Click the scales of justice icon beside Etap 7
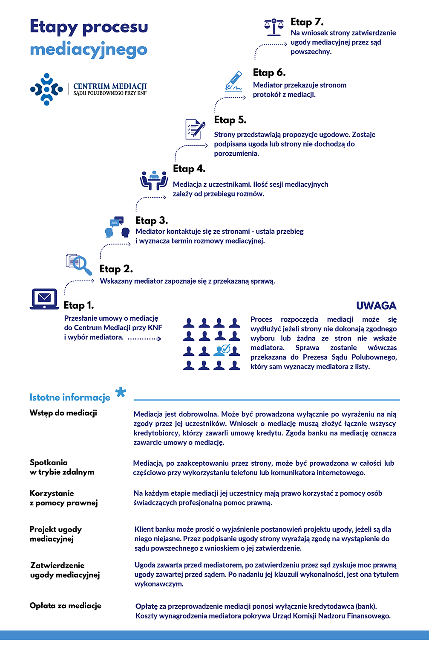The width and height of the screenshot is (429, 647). tap(274, 27)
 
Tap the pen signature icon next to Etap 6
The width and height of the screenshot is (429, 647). tap(233, 81)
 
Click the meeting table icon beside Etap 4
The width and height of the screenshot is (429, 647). tap(154, 180)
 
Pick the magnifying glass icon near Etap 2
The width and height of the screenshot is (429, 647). tap(79, 264)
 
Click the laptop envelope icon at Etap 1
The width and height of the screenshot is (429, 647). tap(44, 299)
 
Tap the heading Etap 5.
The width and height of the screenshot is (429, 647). tap(230, 120)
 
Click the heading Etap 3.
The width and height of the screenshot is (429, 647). tap(152, 221)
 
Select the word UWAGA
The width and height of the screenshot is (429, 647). tap(376, 305)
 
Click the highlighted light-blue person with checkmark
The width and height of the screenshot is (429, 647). tap(222, 350)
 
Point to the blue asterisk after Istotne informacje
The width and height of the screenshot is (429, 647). tap(121, 392)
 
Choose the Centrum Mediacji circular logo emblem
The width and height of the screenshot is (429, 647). tap(46, 89)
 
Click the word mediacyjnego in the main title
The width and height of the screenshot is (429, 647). tap(89, 50)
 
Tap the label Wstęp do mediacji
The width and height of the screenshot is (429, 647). tap(63, 412)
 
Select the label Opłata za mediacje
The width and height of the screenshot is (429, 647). tap(66, 606)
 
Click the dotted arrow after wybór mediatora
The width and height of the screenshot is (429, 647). tap(144, 339)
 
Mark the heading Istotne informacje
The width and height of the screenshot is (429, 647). tap(70, 397)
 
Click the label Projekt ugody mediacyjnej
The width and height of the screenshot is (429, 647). tap(55, 534)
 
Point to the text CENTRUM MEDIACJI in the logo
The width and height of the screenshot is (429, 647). tap(110, 86)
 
